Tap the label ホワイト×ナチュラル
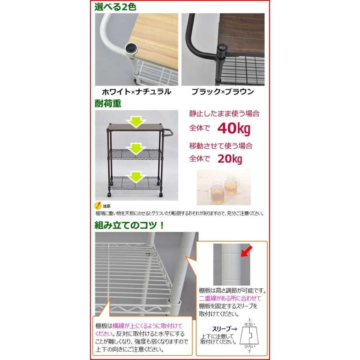133,92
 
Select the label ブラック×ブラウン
222,92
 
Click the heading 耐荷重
108,104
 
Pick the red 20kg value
230,159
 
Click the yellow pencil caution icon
97,206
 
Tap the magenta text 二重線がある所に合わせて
230,298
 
